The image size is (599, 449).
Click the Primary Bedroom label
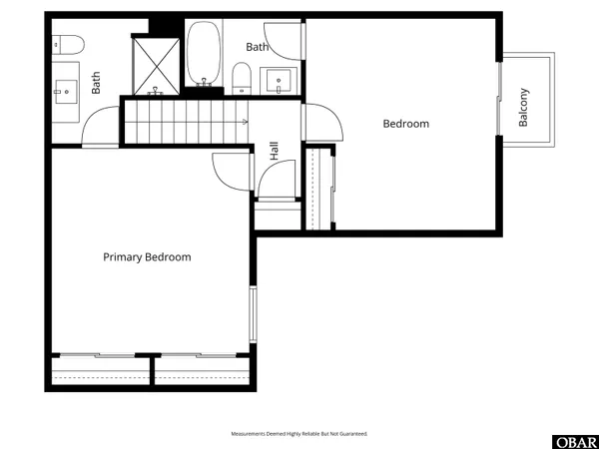[147, 257]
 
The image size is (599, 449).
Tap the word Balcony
[523, 108]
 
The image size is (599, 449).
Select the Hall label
[275, 152]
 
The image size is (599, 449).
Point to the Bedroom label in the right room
[406, 124]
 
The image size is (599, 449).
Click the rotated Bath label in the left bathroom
[97, 81]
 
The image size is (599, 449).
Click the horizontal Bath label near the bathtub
[258, 47]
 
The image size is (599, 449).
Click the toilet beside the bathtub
[241, 77]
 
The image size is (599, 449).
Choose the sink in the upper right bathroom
[277, 81]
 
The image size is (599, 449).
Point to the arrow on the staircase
[244, 121]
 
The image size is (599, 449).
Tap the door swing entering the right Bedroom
[321, 122]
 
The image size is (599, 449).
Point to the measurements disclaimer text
[299, 434]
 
